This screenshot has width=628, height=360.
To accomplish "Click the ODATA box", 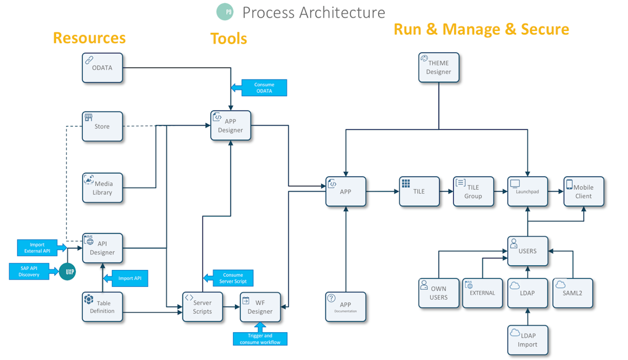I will point(103,67).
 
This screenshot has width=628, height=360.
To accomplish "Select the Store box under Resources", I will point(103,126).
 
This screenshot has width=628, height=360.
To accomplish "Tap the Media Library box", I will point(103,188).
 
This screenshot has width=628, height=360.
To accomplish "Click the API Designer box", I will point(103,248).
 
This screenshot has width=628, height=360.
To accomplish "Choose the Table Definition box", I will point(103,307).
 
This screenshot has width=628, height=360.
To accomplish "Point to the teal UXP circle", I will point(67,271).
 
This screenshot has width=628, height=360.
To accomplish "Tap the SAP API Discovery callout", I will point(29,271).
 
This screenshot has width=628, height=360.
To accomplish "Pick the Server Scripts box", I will point(202,307).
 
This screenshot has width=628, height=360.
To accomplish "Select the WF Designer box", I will point(260,307).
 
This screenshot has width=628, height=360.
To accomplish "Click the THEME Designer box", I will point(439,67).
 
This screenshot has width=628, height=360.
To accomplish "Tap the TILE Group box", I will point(473,192).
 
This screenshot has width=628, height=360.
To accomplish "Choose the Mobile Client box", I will point(584,192).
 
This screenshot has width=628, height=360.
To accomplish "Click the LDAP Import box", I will point(528,340).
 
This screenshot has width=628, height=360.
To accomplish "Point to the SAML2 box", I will point(573,292).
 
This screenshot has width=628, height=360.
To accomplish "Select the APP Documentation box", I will point(346,307).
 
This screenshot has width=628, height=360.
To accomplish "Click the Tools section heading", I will point(229,39).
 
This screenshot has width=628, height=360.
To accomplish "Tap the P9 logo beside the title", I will point(225,12).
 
